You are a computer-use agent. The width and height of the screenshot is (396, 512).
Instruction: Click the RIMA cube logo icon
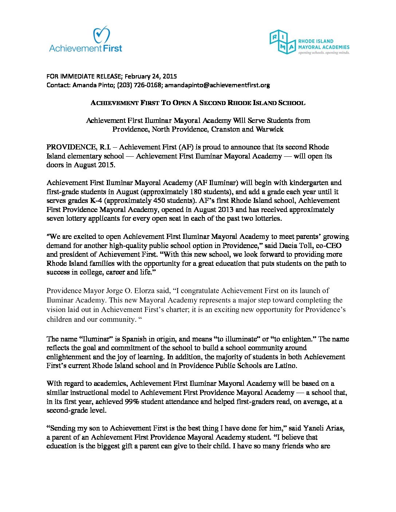coord(282,42)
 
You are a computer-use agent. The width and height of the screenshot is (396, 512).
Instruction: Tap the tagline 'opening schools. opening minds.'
coord(324,53)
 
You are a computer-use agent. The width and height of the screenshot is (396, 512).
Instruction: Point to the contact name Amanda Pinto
coord(89,85)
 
